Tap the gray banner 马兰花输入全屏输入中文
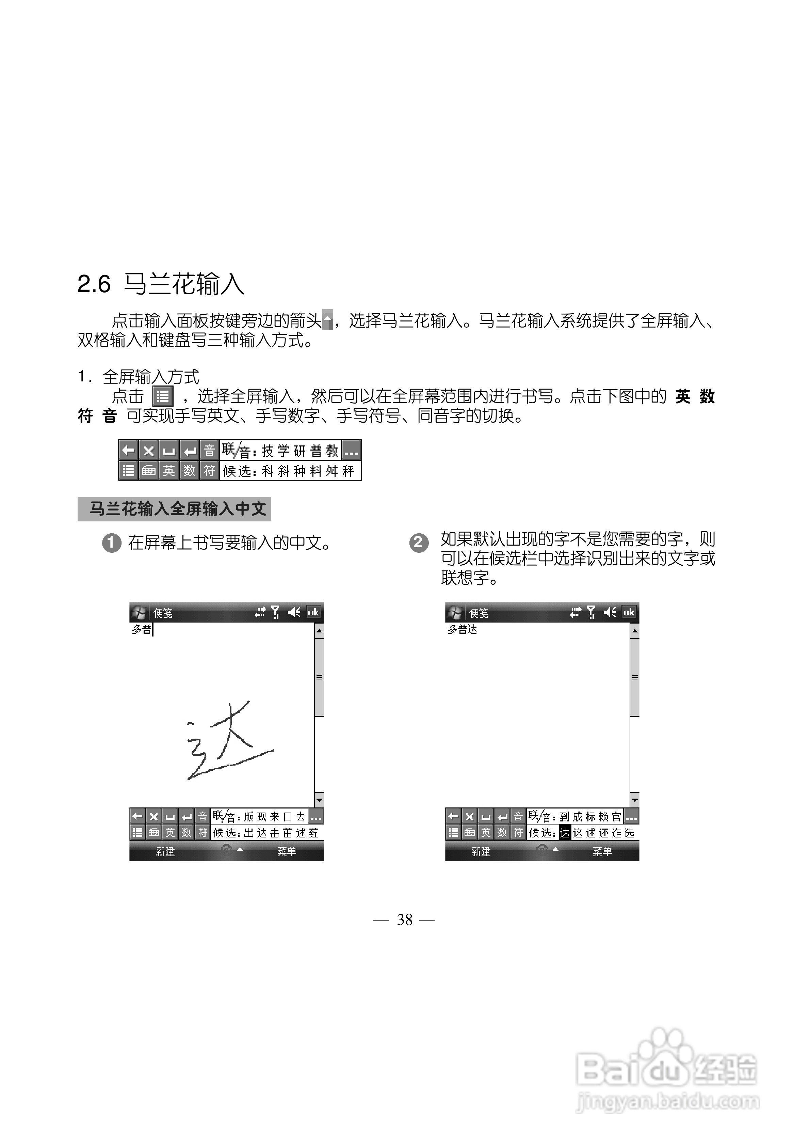point(174,509)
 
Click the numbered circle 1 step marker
point(111,543)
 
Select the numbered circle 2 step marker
point(419,543)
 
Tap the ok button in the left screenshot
point(313,612)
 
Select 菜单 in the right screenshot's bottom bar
point(602,851)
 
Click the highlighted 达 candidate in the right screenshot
point(564,832)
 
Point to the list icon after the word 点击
point(162,397)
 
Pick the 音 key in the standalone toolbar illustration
point(209,451)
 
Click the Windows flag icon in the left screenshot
point(139,612)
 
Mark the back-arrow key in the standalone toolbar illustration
point(128,451)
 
